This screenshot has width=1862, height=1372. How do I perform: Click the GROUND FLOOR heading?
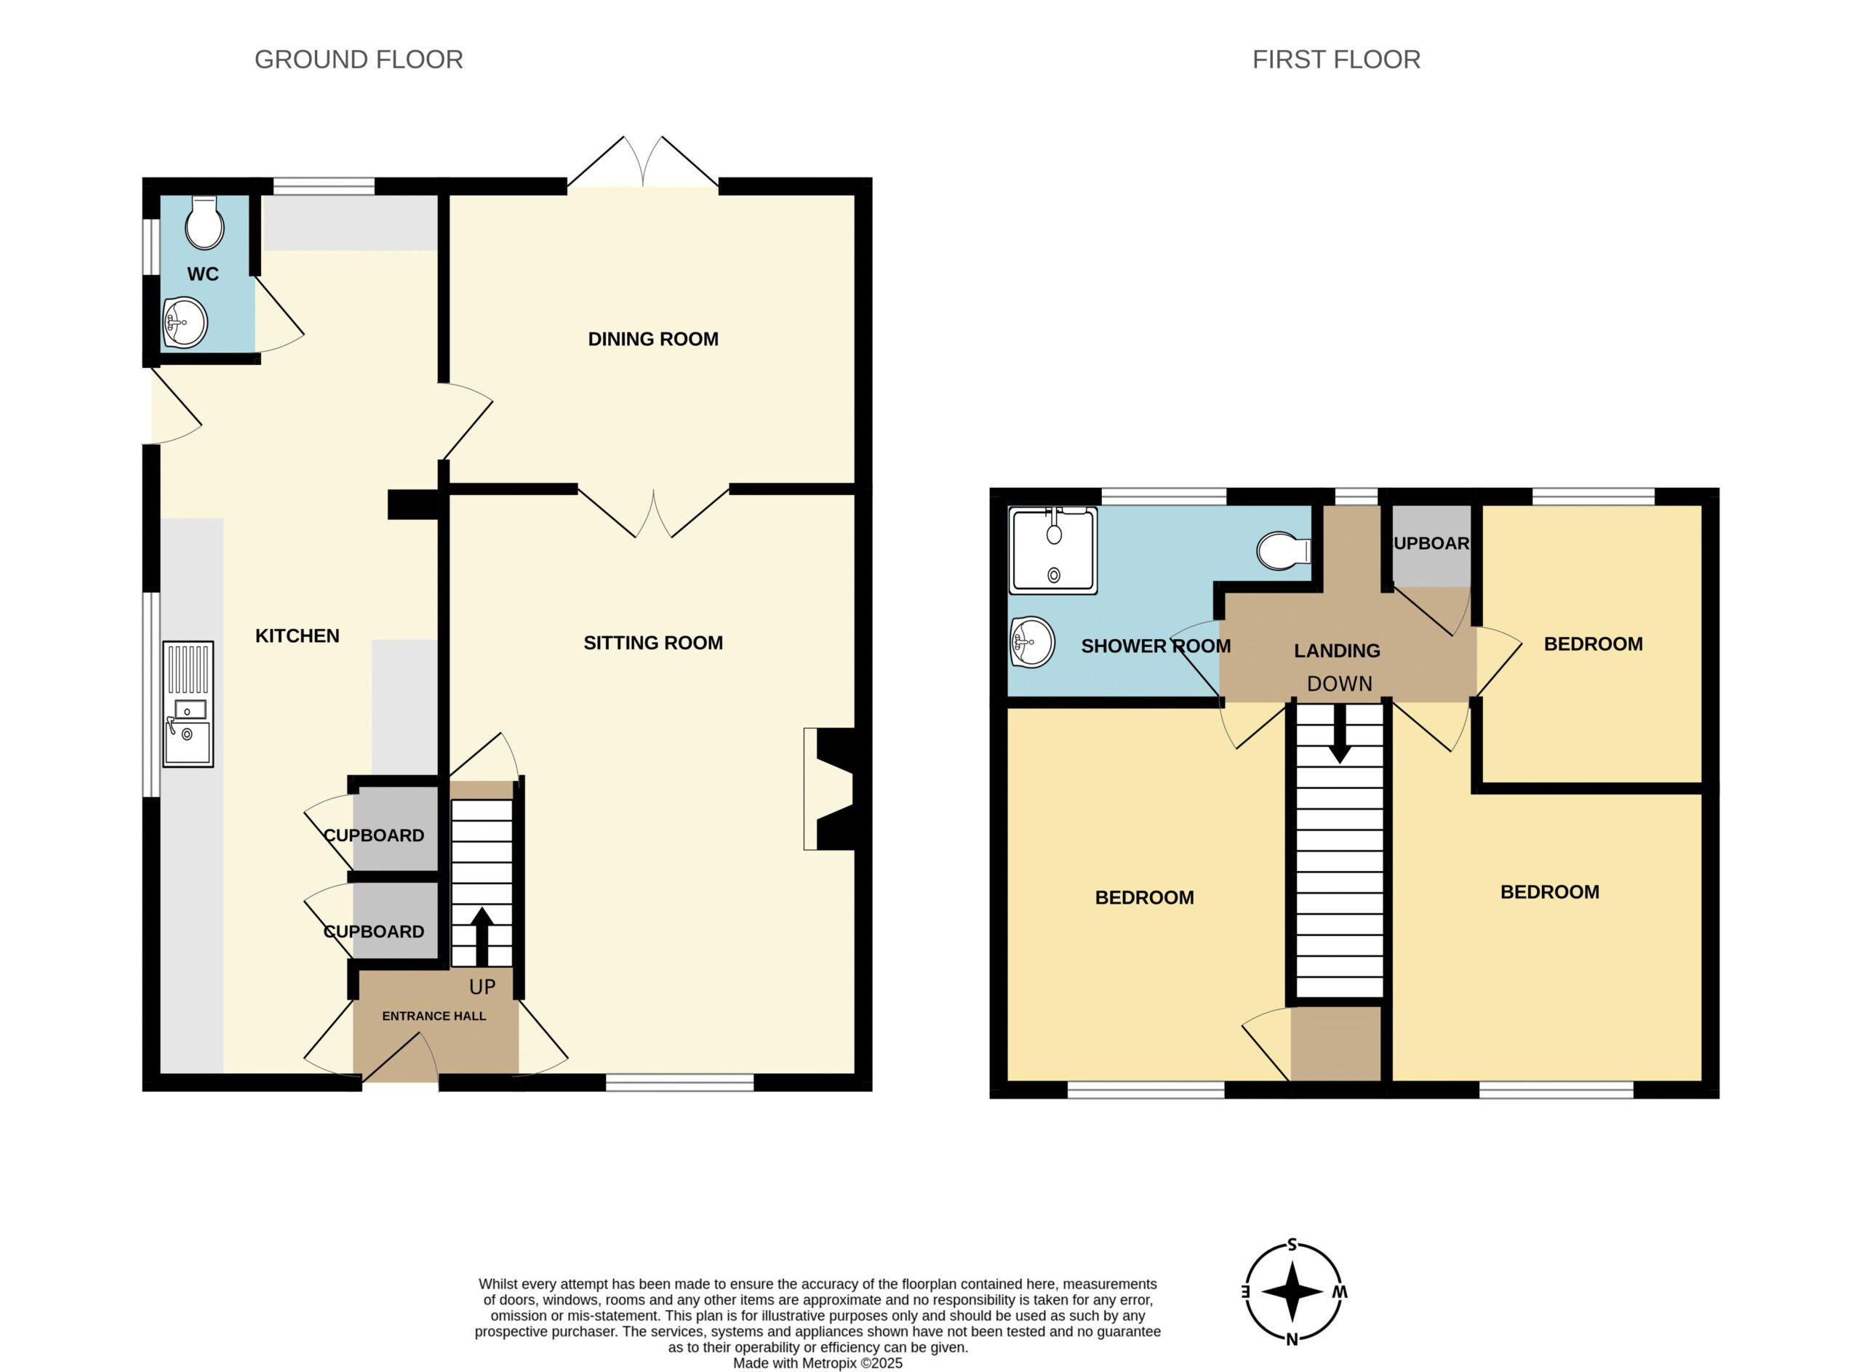[x=358, y=60]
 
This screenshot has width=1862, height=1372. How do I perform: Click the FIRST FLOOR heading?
[x=1336, y=60]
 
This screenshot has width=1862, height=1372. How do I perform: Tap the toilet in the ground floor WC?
[x=204, y=222]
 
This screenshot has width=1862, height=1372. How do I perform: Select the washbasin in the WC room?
[x=185, y=322]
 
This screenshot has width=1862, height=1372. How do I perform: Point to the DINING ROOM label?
[x=653, y=339]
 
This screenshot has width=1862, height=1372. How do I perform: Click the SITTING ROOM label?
[x=653, y=643]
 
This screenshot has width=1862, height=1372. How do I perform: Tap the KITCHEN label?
[x=297, y=636]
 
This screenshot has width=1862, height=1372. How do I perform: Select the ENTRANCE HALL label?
[x=433, y=1016]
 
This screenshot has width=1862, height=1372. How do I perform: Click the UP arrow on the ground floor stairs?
[x=482, y=936]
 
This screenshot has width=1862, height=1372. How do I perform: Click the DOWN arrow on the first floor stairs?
[x=1339, y=734]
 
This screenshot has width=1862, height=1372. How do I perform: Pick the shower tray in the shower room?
[x=1053, y=550]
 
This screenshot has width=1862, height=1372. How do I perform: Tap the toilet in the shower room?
[x=1284, y=550]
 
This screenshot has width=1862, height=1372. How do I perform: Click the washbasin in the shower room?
[x=1032, y=643]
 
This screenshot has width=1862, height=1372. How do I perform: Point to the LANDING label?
[x=1337, y=651]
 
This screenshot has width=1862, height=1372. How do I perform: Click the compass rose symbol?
[x=1292, y=1292]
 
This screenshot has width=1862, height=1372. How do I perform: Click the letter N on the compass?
[x=1292, y=1339]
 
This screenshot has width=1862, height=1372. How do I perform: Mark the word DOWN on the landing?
[x=1339, y=683]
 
